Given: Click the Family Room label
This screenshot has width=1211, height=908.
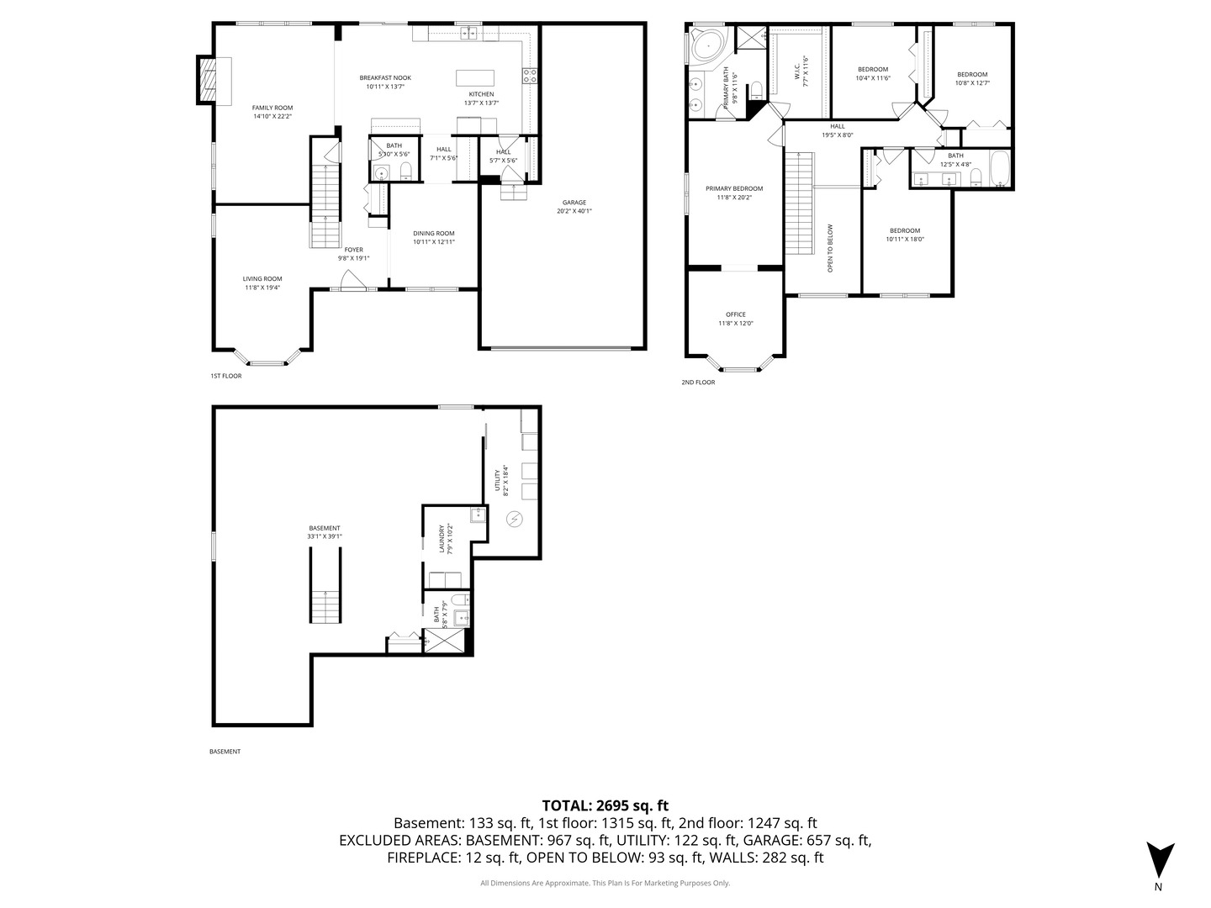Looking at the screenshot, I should pos(272,108).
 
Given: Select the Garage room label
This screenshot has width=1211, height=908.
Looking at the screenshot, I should pos(574,203).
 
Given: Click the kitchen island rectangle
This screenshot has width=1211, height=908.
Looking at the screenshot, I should pos(475,77).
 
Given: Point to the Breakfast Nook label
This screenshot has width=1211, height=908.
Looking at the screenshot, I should pos(385,77).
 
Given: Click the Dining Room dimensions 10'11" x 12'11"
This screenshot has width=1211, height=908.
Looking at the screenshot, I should pos(433,242).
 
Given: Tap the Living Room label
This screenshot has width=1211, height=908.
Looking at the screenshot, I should pos(262,279).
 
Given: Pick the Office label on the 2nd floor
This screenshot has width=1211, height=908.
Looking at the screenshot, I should pos(736,314).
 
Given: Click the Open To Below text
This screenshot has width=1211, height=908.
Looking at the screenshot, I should pos(830,248).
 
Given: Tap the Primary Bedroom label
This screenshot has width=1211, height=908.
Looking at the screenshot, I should pos(734,188).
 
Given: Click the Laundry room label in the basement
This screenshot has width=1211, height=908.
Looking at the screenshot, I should pos(442,539).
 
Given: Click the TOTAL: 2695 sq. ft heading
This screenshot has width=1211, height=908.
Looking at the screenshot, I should pos(605,805).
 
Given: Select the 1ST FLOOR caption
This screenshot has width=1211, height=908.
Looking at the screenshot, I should pos(225,376).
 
